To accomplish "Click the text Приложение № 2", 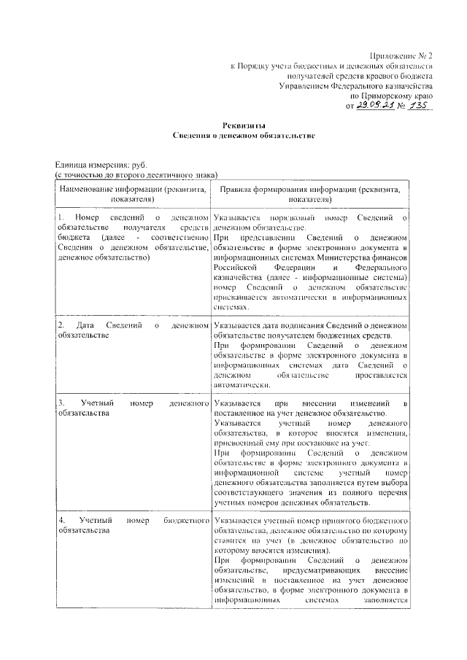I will (402, 55).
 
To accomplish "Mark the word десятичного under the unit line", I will (167, 175).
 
